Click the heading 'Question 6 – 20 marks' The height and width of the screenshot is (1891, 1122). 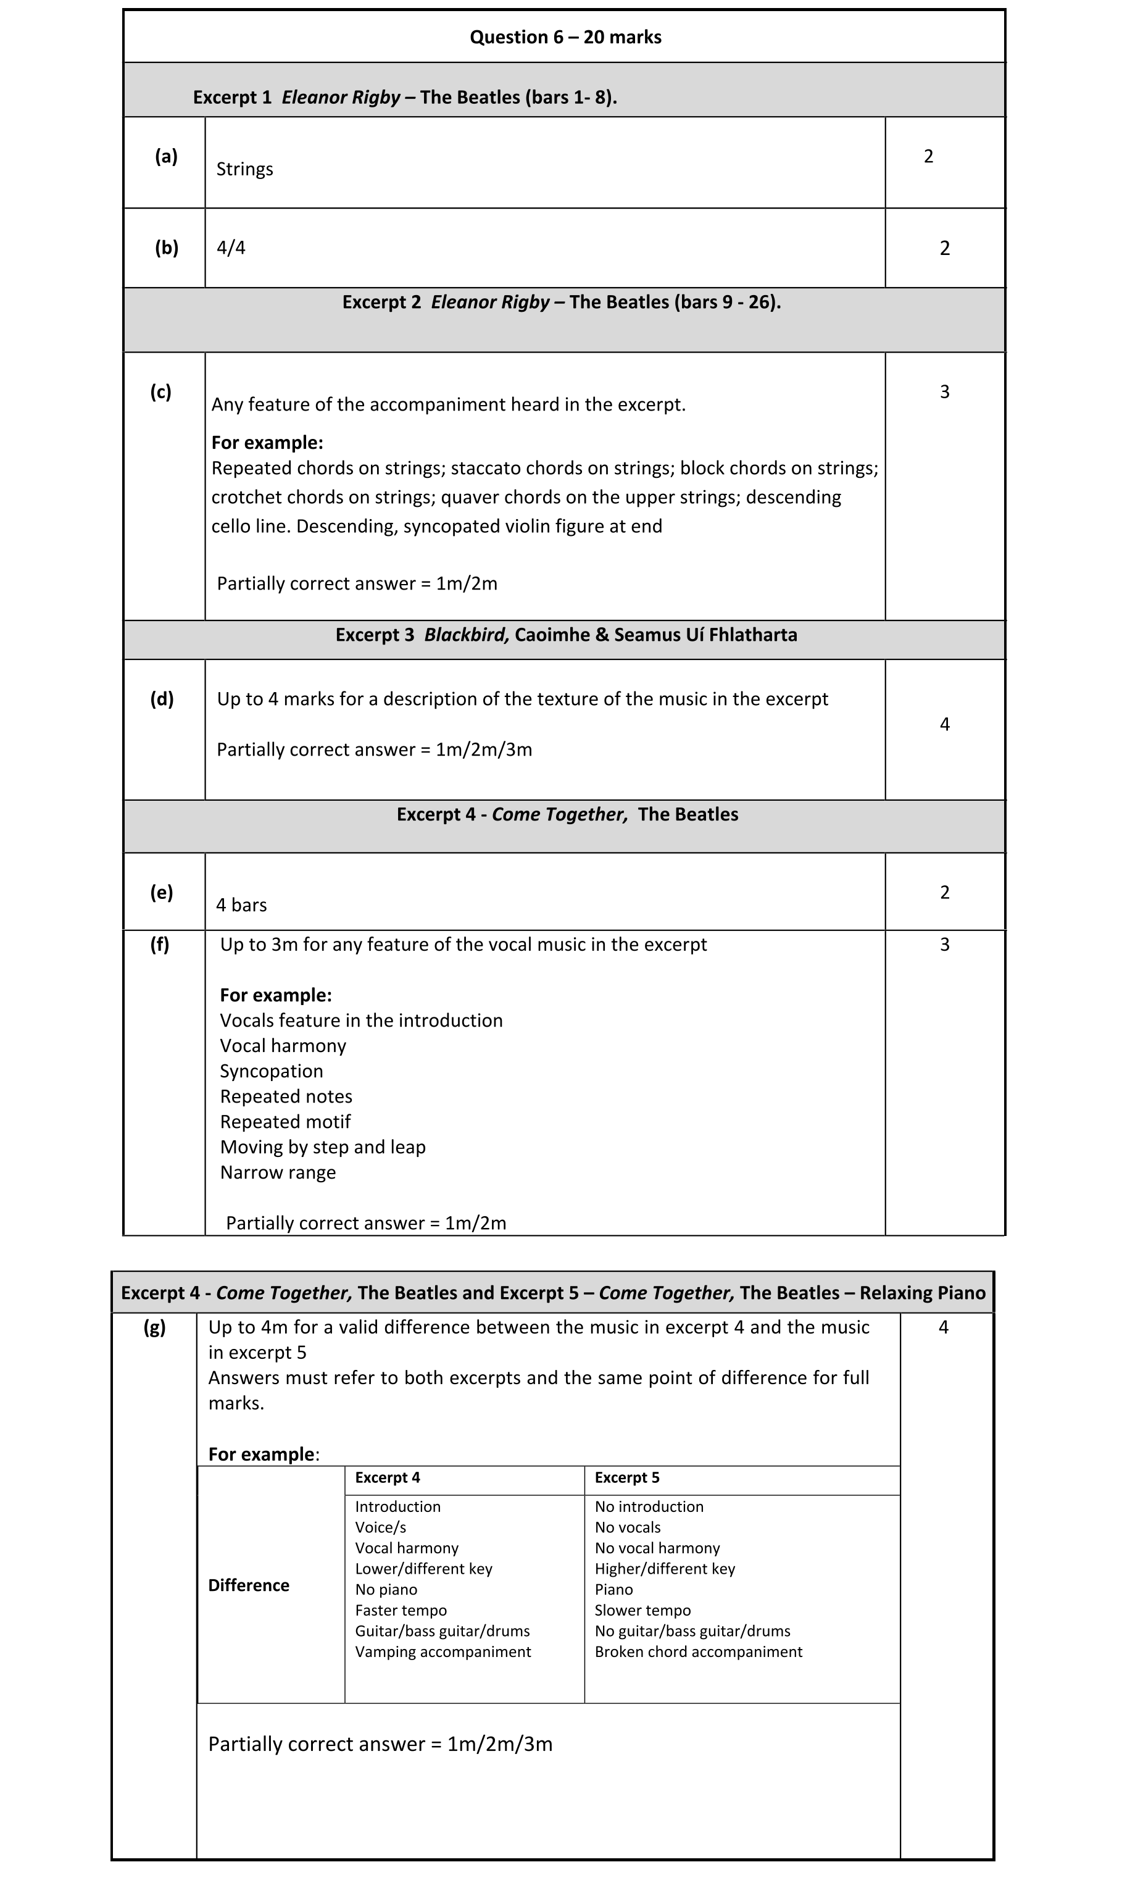tap(565, 37)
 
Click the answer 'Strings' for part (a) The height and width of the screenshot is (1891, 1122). tap(244, 169)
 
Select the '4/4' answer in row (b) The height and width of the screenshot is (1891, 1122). tap(231, 248)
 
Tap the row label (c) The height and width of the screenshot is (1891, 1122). tap(160, 391)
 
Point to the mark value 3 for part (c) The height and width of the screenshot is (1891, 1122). tap(944, 391)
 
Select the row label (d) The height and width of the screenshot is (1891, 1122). tap(162, 699)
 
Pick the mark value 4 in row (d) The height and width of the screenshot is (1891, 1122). tap(944, 724)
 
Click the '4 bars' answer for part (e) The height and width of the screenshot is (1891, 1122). tap(241, 905)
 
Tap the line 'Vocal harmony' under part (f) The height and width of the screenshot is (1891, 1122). tap(283, 1046)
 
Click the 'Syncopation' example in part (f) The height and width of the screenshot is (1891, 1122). tap(272, 1071)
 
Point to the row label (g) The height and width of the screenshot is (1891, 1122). tap(154, 1327)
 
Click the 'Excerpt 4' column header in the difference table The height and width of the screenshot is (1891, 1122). tap(387, 1477)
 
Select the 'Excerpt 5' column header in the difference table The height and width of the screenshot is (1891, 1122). tap(627, 1477)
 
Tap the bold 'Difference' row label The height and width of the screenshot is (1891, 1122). tap(249, 1585)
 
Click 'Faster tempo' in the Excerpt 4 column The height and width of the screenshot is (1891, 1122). tap(401, 1611)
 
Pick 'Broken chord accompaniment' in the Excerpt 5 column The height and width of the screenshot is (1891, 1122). tap(698, 1652)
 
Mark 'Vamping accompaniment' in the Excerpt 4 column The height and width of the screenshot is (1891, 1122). tap(443, 1652)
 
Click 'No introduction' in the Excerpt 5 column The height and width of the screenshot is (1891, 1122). tap(649, 1506)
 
